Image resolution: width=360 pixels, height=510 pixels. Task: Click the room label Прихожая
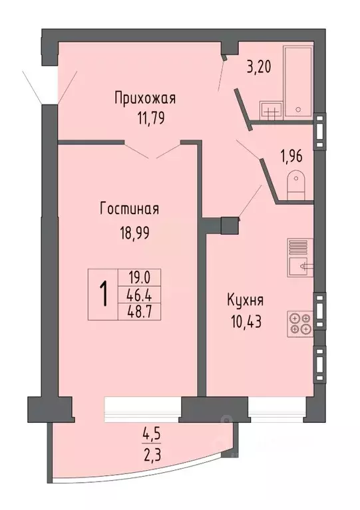point(144,100)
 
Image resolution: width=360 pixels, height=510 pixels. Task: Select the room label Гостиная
point(129,209)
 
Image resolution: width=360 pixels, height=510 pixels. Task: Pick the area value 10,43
point(242,323)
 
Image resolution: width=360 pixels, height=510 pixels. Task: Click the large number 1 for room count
point(104,294)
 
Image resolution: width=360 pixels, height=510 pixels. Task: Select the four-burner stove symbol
point(299,322)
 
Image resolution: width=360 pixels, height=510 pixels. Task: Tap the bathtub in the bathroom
point(299,82)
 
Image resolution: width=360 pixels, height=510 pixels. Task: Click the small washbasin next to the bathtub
point(270,110)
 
